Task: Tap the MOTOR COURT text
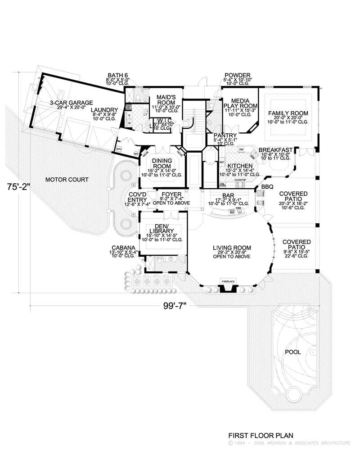pyautogui.click(x=67, y=180)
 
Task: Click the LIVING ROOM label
pyautogui.click(x=232, y=248)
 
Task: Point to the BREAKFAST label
pyautogui.click(x=276, y=149)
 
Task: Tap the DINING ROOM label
pyautogui.click(x=161, y=163)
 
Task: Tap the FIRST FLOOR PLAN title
pyautogui.click(x=261, y=435)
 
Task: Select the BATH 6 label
pyautogui.click(x=117, y=75)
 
